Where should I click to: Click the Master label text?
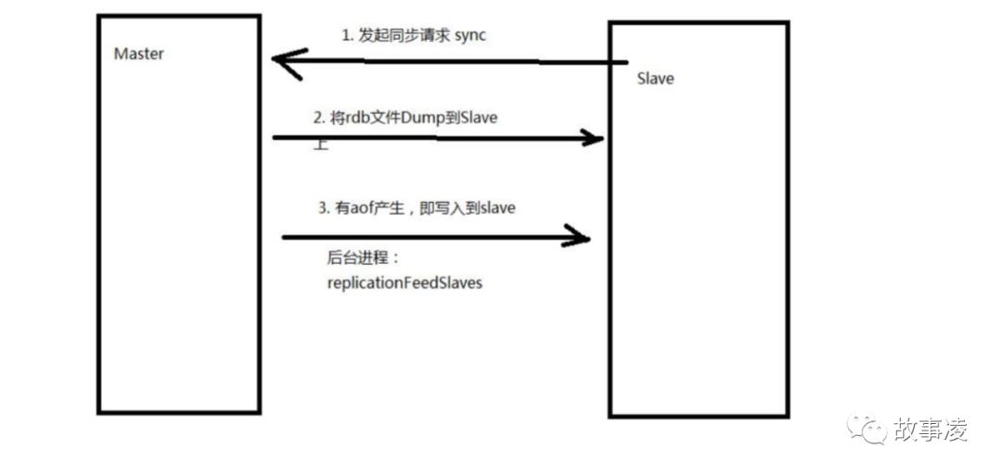(138, 54)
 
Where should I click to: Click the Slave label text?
(656, 79)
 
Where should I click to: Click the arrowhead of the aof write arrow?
(579, 237)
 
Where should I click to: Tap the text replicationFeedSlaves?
(405, 282)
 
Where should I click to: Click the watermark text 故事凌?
(931, 430)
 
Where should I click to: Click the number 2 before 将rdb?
(318, 118)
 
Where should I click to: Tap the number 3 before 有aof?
(322, 208)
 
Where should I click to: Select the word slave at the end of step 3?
(496, 208)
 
